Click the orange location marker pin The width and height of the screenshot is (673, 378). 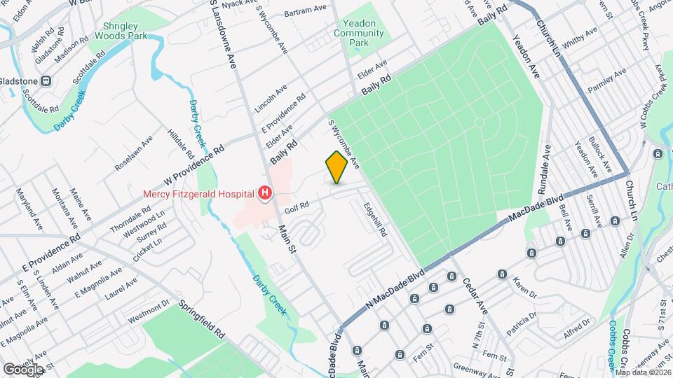coord(336,167)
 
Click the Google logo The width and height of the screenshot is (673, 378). coord(23,369)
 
